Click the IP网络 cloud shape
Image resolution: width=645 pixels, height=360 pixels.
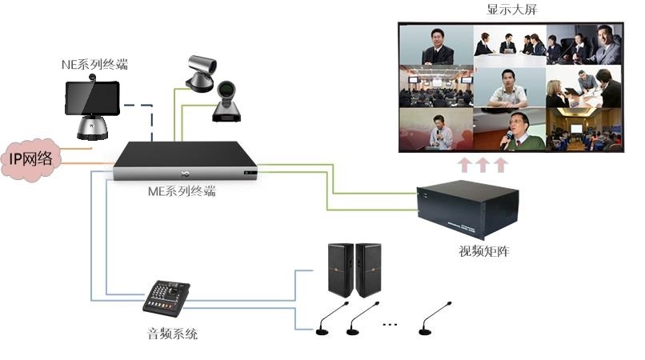pyautogui.click(x=30, y=158)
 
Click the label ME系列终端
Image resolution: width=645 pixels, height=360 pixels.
pyautogui.click(x=183, y=191)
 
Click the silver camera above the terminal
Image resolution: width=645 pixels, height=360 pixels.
pyautogui.click(x=199, y=71)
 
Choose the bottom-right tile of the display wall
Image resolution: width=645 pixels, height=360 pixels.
pyautogui.click(x=583, y=130)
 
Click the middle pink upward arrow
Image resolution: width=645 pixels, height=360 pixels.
pyautogui.click(x=483, y=165)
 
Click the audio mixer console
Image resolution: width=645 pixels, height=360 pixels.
pyautogui.click(x=170, y=298)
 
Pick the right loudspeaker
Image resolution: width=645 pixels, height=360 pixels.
pyautogui.click(x=370, y=270)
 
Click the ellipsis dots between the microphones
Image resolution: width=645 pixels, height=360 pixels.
pyautogui.click(x=391, y=325)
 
